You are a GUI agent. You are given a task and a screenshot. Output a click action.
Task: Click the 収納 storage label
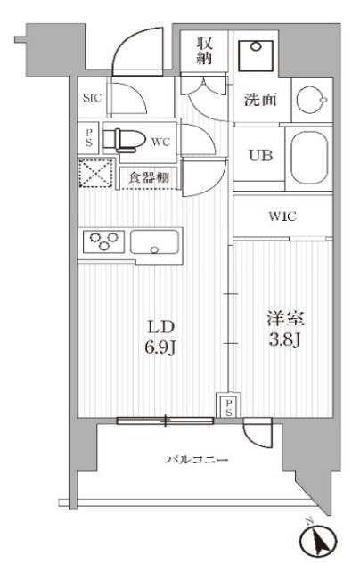[204, 52]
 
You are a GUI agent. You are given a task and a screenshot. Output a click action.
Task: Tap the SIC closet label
[92, 99]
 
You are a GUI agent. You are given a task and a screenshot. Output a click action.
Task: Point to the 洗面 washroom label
[261, 100]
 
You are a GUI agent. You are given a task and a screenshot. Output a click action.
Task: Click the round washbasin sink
[311, 98]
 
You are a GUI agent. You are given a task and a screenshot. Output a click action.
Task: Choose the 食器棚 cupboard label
[150, 177]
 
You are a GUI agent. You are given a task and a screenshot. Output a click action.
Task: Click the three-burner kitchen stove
[103, 241]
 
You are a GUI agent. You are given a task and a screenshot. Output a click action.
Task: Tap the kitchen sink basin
[157, 241]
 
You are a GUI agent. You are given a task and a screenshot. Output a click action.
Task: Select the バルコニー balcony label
[198, 460]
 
